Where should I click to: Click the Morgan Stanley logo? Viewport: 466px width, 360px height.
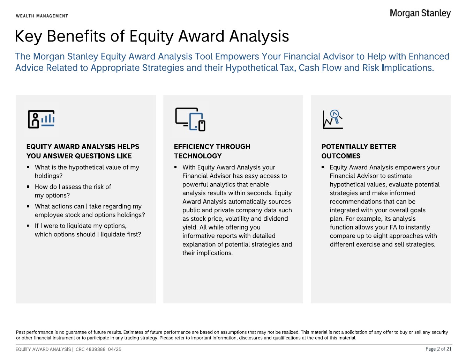[x=420, y=13]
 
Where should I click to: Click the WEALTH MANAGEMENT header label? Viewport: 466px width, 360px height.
[x=42, y=16]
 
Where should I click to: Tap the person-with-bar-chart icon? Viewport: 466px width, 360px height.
[x=41, y=119]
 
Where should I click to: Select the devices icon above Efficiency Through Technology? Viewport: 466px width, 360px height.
[x=190, y=119]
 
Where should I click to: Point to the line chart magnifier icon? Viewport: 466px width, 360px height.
[x=333, y=119]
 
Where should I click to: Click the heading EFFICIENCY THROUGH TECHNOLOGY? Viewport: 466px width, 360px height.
[x=212, y=151]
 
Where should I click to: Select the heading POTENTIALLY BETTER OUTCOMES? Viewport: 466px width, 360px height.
[x=359, y=151]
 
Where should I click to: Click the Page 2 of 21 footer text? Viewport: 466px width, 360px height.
[x=438, y=349]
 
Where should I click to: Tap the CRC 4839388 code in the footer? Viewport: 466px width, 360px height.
[x=90, y=349]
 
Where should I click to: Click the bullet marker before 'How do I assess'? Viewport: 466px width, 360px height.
[x=28, y=187]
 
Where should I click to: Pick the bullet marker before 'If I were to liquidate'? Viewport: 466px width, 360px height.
[x=28, y=226]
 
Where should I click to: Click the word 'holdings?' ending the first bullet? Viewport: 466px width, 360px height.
[x=49, y=176]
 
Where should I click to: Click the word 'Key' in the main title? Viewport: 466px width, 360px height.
[x=28, y=36]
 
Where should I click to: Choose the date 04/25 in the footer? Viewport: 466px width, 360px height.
[x=115, y=349]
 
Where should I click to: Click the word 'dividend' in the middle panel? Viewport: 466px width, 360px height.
[x=276, y=219]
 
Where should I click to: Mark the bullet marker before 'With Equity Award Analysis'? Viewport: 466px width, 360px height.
[x=175, y=167]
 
